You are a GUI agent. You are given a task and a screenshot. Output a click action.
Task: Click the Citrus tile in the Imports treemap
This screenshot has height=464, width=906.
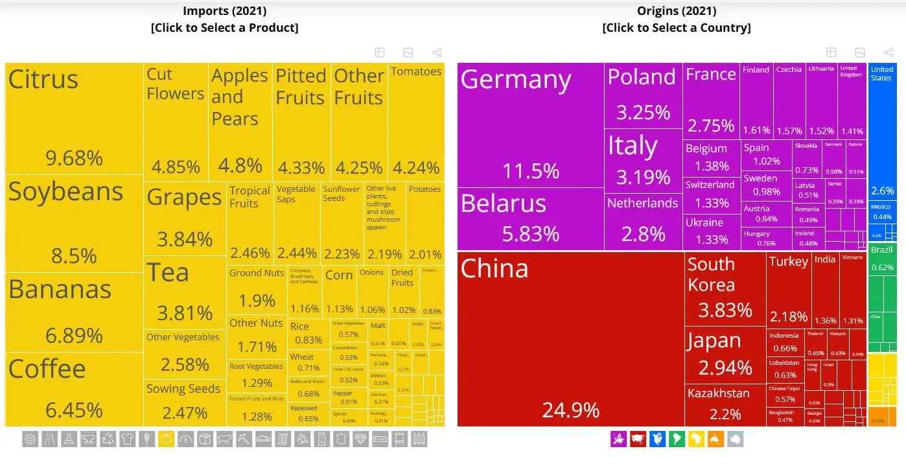74,118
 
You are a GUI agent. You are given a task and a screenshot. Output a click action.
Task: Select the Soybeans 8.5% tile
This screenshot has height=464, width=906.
74,223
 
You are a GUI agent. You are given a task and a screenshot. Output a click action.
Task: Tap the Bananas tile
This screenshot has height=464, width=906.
74,312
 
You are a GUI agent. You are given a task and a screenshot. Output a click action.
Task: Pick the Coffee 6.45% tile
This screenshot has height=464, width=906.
74,389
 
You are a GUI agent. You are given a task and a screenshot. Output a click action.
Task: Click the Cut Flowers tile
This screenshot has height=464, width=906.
176,122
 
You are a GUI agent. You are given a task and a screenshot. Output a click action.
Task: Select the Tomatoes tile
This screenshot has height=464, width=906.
416,122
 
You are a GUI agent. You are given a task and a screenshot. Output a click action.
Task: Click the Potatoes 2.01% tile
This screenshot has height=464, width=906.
425,222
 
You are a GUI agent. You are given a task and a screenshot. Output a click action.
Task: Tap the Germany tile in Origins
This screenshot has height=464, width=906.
531,124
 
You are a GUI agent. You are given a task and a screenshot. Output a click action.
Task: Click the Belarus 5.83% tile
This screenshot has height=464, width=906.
531,219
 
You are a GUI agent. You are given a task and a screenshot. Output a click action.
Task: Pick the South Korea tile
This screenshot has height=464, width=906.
725,289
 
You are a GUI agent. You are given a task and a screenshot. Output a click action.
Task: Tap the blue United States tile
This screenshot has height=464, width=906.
882,130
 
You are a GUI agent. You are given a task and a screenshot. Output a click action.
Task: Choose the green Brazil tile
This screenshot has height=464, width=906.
882,259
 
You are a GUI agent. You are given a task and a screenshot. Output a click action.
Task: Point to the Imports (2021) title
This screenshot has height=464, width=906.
224,11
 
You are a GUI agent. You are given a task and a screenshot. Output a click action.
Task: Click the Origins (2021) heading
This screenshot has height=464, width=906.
677,11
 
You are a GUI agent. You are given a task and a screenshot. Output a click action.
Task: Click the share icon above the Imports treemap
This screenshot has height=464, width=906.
437,52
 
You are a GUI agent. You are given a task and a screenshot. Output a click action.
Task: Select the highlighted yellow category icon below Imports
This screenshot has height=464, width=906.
166,439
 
